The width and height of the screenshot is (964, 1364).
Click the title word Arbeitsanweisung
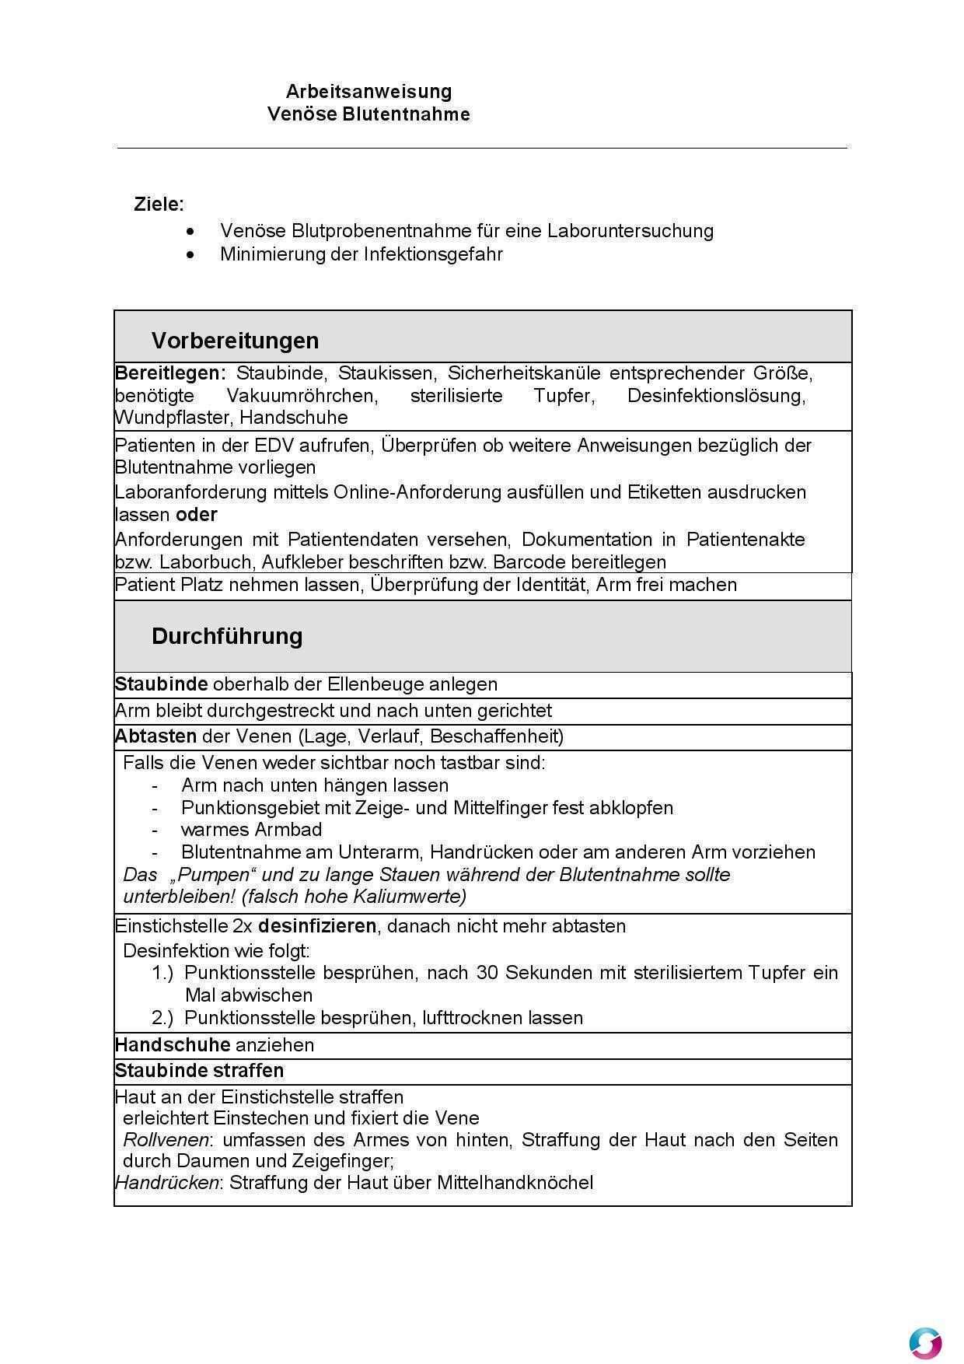(368, 92)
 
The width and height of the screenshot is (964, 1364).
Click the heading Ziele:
(159, 205)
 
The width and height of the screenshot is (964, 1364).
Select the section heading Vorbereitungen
(235, 341)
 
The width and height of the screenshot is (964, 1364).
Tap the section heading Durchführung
(227, 636)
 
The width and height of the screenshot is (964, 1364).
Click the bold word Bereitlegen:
(170, 373)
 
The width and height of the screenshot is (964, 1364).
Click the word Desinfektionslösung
(715, 396)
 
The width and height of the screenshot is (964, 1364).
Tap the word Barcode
(529, 562)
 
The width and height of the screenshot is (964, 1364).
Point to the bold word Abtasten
(155, 736)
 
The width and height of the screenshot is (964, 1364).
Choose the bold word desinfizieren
(317, 926)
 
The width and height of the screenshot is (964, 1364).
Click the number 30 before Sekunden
(487, 973)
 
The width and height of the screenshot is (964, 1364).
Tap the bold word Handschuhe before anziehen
(173, 1045)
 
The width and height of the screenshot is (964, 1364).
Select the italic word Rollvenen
(166, 1140)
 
